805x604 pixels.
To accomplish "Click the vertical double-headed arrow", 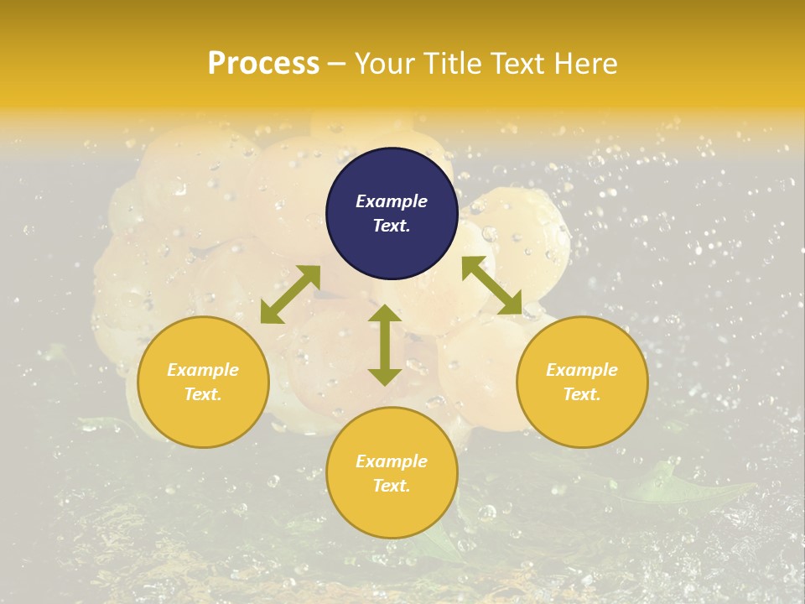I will point(384,346).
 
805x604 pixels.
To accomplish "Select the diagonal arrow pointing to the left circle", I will point(290,294).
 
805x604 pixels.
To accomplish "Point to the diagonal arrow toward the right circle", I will point(492,285).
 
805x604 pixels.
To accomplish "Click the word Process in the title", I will point(263,64).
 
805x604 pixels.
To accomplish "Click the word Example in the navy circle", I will point(392,201).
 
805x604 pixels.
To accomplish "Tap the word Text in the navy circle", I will point(392,226).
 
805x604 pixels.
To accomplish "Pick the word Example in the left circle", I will point(203,370).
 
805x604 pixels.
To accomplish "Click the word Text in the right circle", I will point(582,394).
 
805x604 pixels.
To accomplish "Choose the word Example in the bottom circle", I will point(392,461).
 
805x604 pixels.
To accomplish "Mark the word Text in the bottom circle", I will point(392,486).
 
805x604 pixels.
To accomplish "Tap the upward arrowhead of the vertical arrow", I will point(384,314).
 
